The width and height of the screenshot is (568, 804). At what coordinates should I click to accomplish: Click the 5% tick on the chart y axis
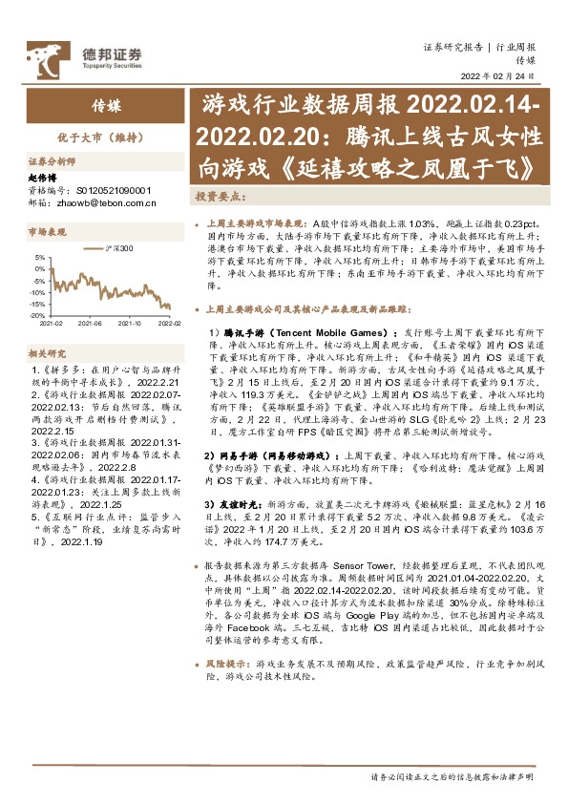[38, 257]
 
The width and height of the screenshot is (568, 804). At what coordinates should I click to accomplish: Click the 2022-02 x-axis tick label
[169, 324]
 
